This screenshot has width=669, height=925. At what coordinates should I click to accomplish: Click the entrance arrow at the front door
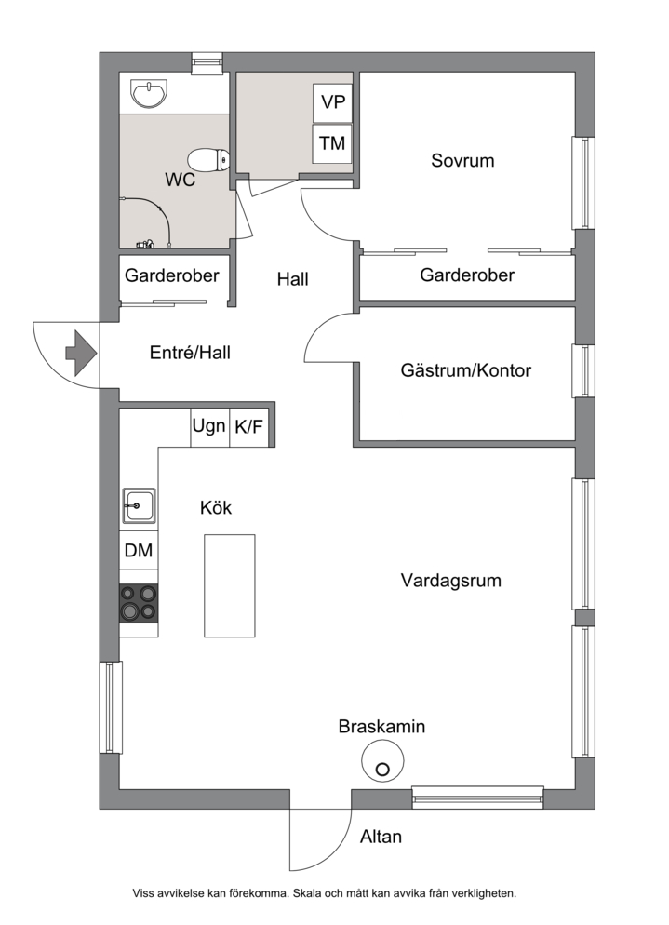coord(81,354)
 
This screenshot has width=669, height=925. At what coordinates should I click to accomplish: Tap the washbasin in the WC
coord(149,94)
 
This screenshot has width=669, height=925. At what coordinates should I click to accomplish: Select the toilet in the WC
coord(208,159)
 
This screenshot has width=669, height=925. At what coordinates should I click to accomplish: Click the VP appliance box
coord(333,102)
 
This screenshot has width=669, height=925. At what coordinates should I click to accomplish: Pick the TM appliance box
coord(332,143)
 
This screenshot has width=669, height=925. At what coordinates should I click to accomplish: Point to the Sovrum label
coord(462,160)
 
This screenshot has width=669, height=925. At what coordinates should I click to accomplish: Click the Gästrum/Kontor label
coord(466,370)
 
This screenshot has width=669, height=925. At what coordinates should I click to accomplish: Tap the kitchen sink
coord(140,505)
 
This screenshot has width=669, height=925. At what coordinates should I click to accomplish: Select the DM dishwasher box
coord(139,550)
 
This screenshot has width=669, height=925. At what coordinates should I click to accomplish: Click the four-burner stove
coord(140,603)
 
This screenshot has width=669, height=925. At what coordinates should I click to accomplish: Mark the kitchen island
coord(230,585)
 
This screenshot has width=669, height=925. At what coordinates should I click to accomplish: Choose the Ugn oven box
coord(209,426)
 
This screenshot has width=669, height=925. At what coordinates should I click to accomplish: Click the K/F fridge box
coord(249,426)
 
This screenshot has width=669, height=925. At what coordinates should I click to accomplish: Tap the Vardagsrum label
coord(451,581)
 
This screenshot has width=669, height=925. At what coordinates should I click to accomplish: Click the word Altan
coord(381,837)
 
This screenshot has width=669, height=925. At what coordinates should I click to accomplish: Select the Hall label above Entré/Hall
coord(292,279)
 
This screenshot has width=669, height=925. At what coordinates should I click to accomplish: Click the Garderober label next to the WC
coord(172,275)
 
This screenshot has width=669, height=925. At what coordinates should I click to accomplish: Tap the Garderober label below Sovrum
coord(467,275)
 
